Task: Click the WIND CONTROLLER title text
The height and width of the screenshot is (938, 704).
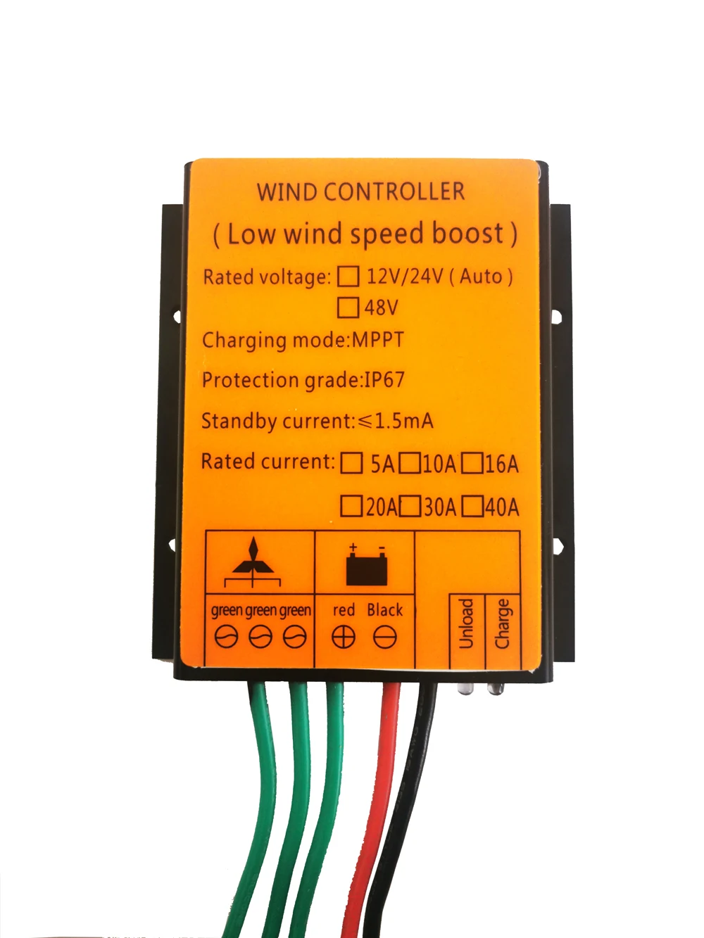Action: point(360,192)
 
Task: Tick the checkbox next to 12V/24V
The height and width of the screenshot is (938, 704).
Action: point(348,276)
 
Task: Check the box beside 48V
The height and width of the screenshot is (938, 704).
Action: point(348,308)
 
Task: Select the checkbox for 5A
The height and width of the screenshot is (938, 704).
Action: point(351,463)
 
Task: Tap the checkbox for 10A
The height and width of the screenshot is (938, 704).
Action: point(410,463)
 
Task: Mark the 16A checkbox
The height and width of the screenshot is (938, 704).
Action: point(472,463)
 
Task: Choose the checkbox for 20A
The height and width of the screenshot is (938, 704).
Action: point(351,506)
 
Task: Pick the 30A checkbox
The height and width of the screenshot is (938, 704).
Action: point(410,506)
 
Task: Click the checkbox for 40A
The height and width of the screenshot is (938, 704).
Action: point(473,506)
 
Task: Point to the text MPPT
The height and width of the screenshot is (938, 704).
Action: point(378,340)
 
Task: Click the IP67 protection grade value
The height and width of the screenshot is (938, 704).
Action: point(384,380)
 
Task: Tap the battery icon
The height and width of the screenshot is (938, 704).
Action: point(367,567)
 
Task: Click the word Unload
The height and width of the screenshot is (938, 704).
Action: point(466,623)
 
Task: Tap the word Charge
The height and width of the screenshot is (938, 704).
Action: point(503,623)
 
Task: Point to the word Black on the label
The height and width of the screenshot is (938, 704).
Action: point(385,610)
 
